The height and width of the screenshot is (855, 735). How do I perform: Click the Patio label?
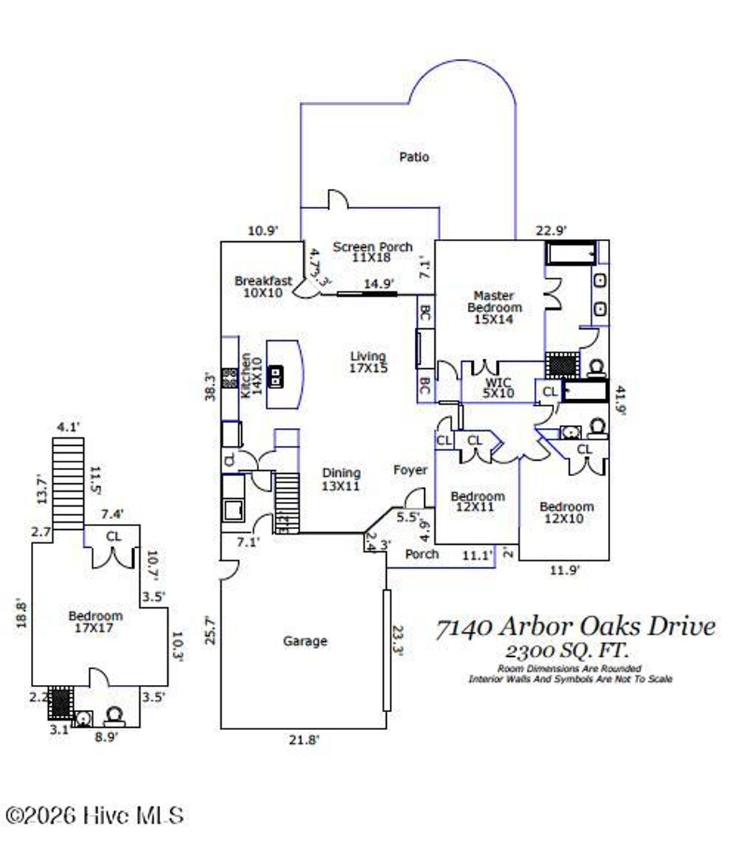pyautogui.click(x=414, y=156)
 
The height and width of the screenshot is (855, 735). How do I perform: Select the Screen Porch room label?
pyautogui.click(x=372, y=251)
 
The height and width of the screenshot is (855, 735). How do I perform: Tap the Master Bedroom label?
pyautogui.click(x=494, y=307)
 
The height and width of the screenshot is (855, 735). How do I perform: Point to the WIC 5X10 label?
pyautogui.click(x=497, y=388)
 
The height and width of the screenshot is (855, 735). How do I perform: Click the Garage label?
pyautogui.click(x=305, y=641)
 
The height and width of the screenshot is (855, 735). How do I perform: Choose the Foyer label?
pyautogui.click(x=410, y=470)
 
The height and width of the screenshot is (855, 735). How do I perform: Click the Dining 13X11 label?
pyautogui.click(x=341, y=480)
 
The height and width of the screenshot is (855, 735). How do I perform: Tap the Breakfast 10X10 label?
pyautogui.click(x=263, y=286)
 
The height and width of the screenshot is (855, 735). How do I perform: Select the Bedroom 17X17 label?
pyautogui.click(x=95, y=622)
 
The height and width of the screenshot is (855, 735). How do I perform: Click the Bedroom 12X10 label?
pyautogui.click(x=566, y=513)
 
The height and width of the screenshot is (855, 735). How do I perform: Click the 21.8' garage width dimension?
pyautogui.click(x=304, y=740)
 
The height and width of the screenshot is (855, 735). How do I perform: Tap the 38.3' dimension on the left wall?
pyautogui.click(x=210, y=386)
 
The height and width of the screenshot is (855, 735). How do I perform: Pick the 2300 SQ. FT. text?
pyautogui.click(x=567, y=651)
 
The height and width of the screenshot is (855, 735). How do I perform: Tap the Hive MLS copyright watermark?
pyautogui.click(x=94, y=816)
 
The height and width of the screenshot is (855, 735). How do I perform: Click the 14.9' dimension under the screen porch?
pyautogui.click(x=378, y=284)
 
